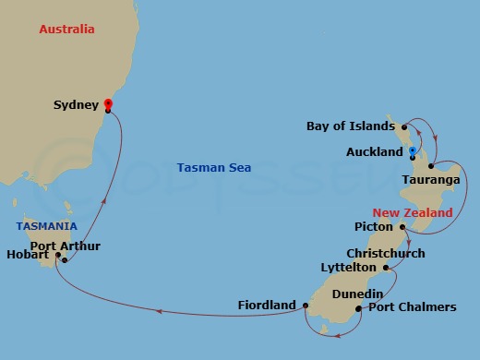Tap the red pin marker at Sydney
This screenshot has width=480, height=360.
108,104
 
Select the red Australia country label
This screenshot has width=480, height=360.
66,30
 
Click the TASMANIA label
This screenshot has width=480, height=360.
45,226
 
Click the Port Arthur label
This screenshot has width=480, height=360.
66,246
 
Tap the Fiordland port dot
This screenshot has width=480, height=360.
306,305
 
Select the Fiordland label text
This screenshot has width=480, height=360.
267,305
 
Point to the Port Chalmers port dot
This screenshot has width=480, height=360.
358,308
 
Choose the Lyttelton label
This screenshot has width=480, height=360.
349,267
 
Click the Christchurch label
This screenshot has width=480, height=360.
386,253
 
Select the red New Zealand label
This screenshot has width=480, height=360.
413,213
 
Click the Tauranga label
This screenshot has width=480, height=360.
431,180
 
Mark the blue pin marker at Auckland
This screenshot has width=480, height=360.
412,149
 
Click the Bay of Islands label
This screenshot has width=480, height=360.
353,126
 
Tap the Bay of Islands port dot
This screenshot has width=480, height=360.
405,126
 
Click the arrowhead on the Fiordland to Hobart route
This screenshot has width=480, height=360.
159,312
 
